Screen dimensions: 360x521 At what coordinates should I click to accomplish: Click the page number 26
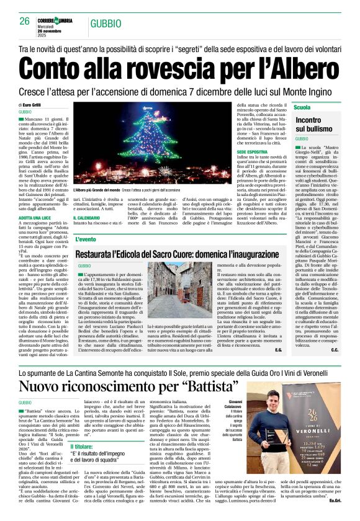[x=24, y=21]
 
